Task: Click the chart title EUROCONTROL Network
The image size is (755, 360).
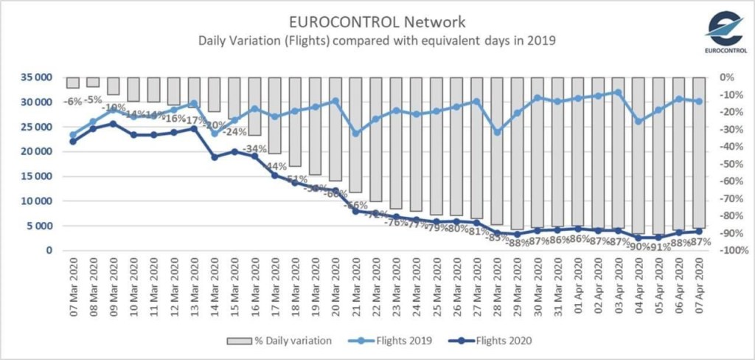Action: [x=377, y=20]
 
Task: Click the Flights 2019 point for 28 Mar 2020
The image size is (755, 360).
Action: [x=497, y=132]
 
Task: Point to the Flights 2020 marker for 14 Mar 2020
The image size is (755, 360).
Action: [x=215, y=157]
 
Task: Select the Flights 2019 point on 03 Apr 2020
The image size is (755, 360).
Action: [x=618, y=93]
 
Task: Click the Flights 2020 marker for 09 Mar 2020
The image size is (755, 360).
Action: [x=113, y=124]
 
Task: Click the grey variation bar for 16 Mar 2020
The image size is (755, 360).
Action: [x=254, y=106]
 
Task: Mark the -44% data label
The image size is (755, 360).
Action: [x=276, y=166]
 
